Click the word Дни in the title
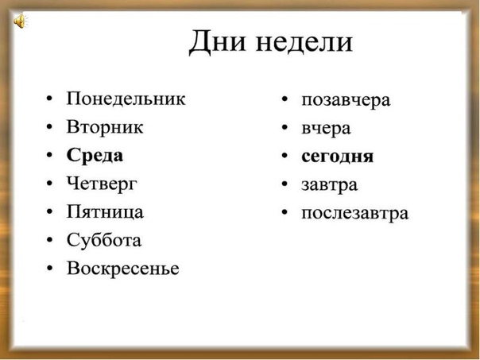tap(217, 42)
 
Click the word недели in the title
tap(304, 42)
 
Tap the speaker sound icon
tap(20, 21)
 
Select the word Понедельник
tap(126, 99)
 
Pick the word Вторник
tap(105, 126)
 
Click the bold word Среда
tap(95, 155)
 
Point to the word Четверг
tap(102, 184)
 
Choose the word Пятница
tap(105, 212)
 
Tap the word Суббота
tap(104, 240)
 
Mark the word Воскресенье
tap(122, 268)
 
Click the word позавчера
tap(346, 100)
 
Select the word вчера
tap(326, 129)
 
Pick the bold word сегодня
tap(337, 157)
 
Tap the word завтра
tap(329, 185)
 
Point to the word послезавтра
tap(355, 213)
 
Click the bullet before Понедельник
tap(49, 99)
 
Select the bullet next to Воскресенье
tap(49, 268)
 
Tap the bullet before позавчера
tap(285, 99)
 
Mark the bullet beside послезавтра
tap(285, 212)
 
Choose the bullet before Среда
tap(49, 155)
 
